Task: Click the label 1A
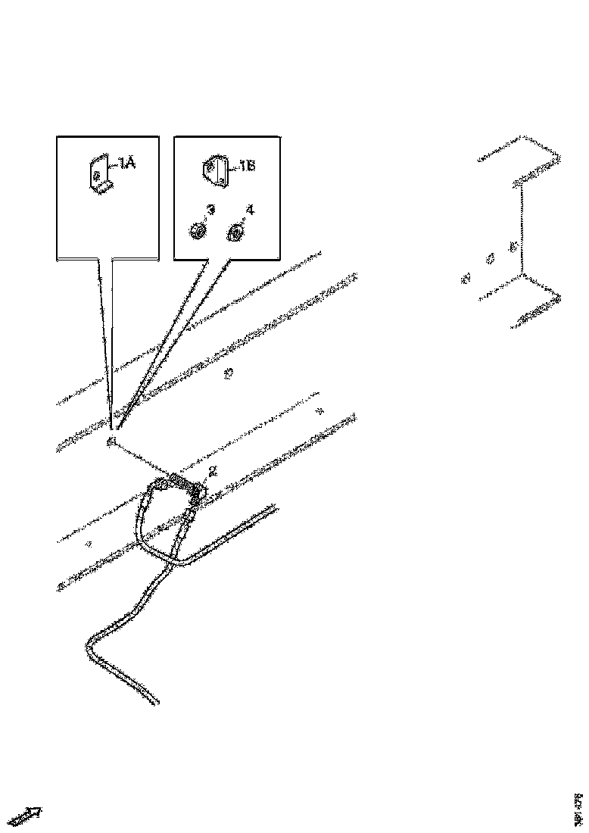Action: click(126, 163)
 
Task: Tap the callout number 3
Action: click(210, 209)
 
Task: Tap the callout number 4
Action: click(249, 210)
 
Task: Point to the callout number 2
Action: click(213, 471)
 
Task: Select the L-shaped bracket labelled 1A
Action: click(100, 176)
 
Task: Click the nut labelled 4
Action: click(235, 234)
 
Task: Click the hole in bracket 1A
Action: click(96, 174)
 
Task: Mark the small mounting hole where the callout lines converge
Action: click(112, 441)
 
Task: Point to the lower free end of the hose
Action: click(156, 702)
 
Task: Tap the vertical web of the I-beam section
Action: click(522, 231)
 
